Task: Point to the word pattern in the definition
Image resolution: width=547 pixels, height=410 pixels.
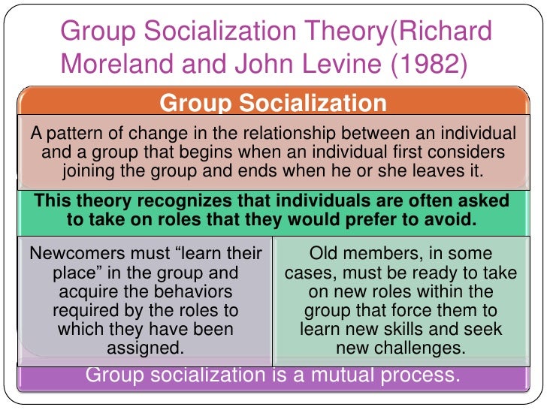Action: click(71, 134)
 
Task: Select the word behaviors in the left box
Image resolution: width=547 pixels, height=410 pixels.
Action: click(191, 291)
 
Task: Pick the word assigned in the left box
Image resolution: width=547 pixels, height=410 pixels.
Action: click(144, 348)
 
